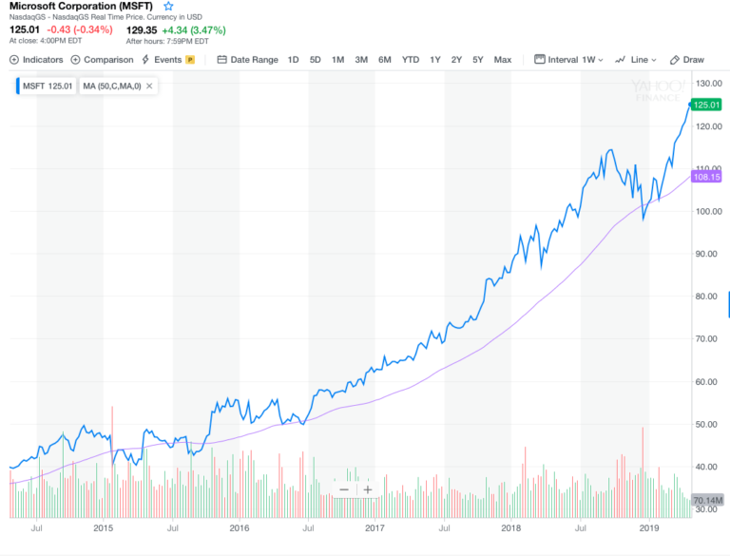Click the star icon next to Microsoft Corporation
(x=169, y=7)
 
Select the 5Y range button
(x=478, y=60)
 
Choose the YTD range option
(x=410, y=60)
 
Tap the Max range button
(x=503, y=60)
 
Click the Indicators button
(x=37, y=60)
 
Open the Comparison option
(x=102, y=60)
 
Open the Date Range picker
(x=247, y=60)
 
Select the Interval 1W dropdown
(x=570, y=60)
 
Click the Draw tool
(x=687, y=60)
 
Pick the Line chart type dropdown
(x=635, y=60)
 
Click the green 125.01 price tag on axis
(x=704, y=105)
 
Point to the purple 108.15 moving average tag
(x=704, y=177)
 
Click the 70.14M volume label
(x=708, y=500)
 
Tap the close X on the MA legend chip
(x=149, y=86)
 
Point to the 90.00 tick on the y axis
(x=704, y=254)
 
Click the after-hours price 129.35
(x=144, y=29)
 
